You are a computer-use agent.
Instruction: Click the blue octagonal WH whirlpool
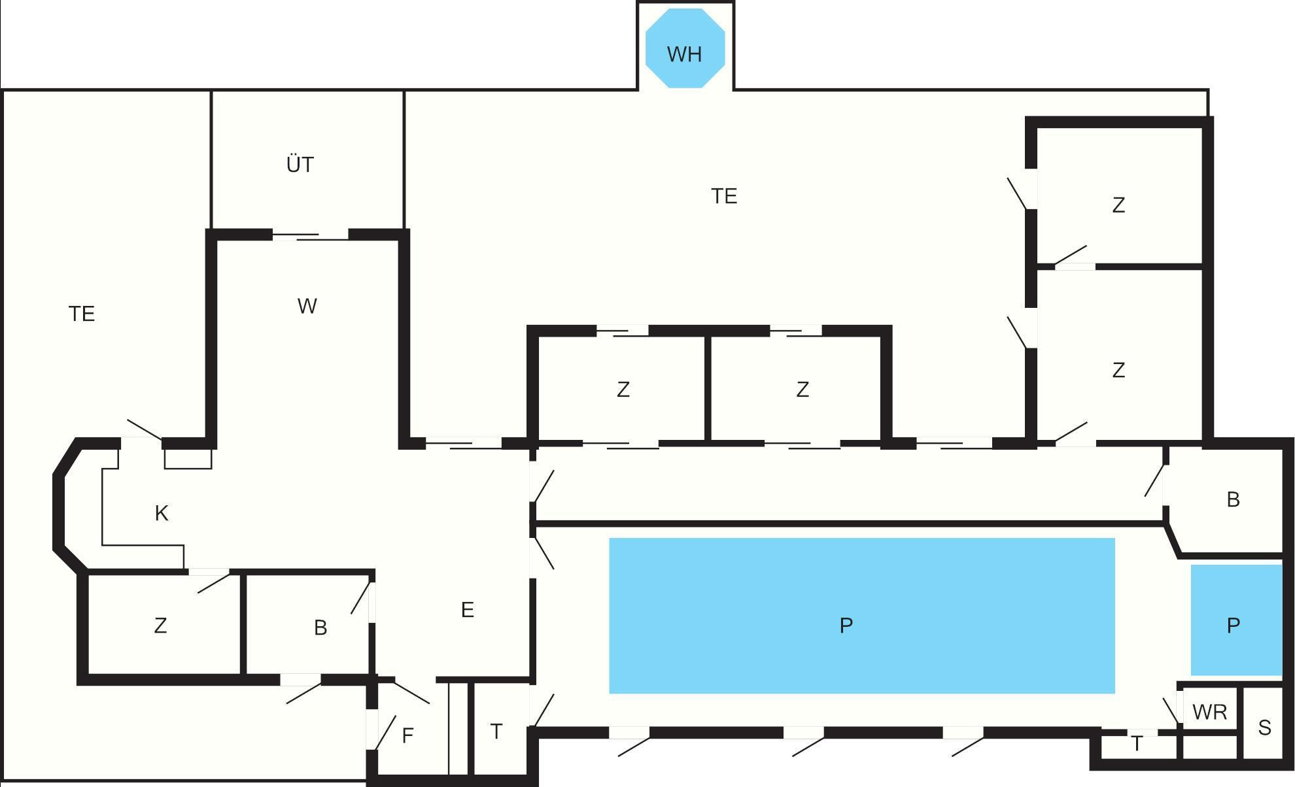pyautogui.click(x=685, y=48)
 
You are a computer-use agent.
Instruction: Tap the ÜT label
pyautogui.click(x=300, y=164)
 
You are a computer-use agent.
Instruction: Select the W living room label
pyautogui.click(x=307, y=306)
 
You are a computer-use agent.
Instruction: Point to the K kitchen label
pyautogui.click(x=162, y=514)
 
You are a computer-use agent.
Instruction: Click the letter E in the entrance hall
pyautogui.click(x=467, y=610)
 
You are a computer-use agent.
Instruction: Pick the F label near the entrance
pyautogui.click(x=407, y=736)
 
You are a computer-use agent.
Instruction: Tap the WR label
pyautogui.click(x=1209, y=712)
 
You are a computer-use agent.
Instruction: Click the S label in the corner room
pyautogui.click(x=1264, y=728)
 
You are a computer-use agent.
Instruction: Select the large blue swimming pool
pyautogui.click(x=862, y=616)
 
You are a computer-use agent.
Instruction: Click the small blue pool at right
pyautogui.click(x=1236, y=620)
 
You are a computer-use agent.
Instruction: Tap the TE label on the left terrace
pyautogui.click(x=82, y=314)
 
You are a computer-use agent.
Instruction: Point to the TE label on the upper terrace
pyautogui.click(x=724, y=196)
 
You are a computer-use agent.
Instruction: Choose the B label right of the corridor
pyautogui.click(x=1233, y=499)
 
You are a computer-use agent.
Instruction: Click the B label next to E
pyautogui.click(x=320, y=628)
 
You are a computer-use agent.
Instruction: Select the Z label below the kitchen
pyautogui.click(x=160, y=626)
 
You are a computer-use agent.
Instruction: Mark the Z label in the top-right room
pyautogui.click(x=1118, y=205)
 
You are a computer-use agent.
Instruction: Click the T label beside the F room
pyautogui.click(x=496, y=731)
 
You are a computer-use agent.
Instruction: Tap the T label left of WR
pyautogui.click(x=1137, y=744)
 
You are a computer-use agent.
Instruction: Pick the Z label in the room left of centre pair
pyautogui.click(x=623, y=390)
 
